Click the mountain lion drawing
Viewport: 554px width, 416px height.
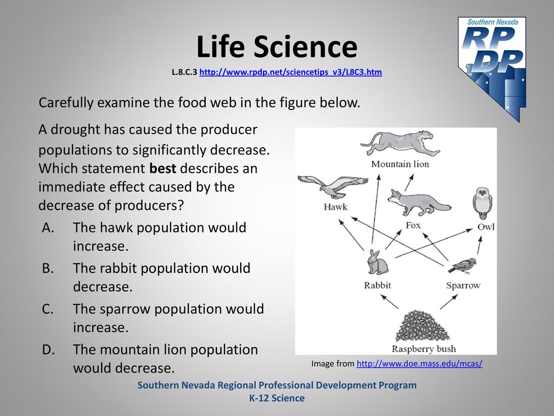(400, 143)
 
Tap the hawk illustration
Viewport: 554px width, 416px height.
(333, 187)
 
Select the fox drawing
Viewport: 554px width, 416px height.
(419, 202)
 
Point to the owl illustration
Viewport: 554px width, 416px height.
(482, 203)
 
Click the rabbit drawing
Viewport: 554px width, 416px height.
(377, 262)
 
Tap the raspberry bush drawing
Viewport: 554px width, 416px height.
(422, 326)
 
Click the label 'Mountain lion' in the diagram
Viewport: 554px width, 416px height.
(400, 164)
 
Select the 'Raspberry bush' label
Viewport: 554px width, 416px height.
(424, 349)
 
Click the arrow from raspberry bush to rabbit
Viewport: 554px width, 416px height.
(390, 302)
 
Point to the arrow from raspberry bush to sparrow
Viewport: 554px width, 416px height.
(449, 302)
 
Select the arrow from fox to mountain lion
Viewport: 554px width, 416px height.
(409, 183)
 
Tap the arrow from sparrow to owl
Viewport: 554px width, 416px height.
(479, 245)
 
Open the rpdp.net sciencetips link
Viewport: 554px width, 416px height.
(291, 72)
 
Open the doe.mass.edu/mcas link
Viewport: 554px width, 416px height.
(419, 363)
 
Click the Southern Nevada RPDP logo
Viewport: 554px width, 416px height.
(492, 69)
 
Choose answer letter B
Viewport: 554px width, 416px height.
(48, 268)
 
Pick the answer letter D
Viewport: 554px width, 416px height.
(48, 349)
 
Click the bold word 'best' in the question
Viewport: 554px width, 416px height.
(162, 168)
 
